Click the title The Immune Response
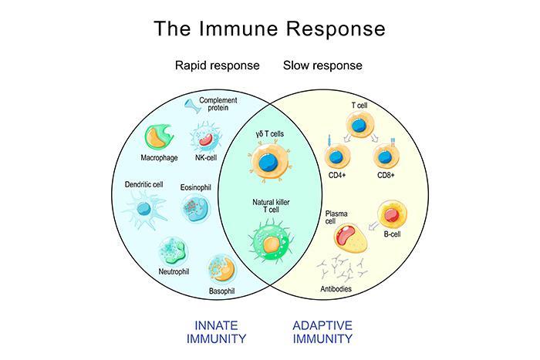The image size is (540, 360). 269,29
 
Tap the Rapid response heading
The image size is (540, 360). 218,66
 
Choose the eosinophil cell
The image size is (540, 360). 194,207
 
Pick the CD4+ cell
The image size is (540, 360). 336,157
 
